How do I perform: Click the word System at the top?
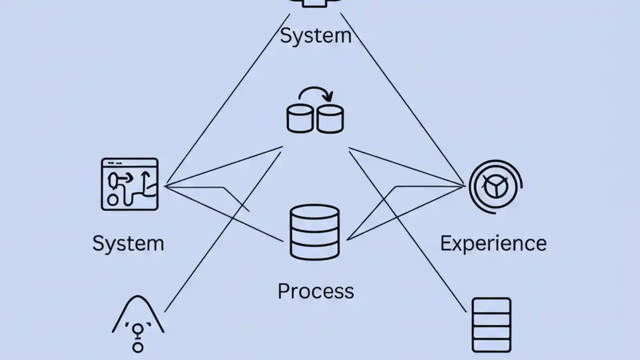(315, 36)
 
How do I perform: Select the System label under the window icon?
(128, 243)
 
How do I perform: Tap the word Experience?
(493, 243)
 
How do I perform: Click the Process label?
(315, 291)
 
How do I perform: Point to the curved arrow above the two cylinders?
(316, 93)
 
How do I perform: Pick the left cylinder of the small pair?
(300, 118)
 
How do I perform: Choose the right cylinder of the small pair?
(330, 118)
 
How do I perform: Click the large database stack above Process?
(314, 232)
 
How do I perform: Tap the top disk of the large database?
(314, 213)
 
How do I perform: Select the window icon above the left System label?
(129, 184)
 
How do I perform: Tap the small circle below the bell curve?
(138, 346)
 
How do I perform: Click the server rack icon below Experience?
(491, 325)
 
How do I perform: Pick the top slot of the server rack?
(491, 306)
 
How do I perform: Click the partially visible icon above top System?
(315, 3)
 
